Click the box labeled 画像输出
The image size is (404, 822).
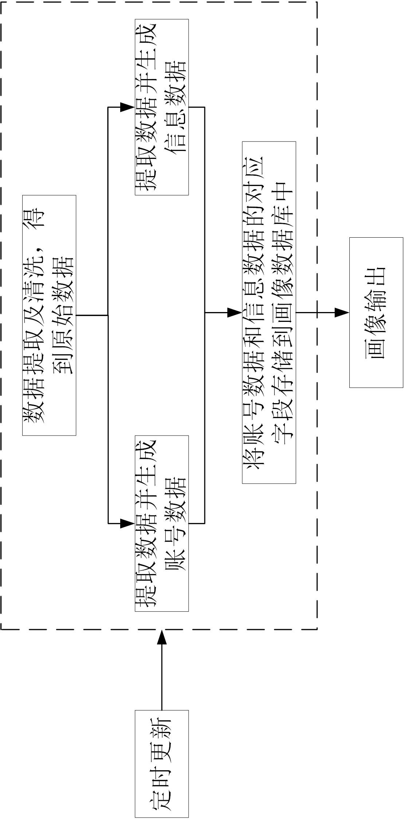coord(376,312)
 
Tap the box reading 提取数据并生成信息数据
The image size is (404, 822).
coord(162,107)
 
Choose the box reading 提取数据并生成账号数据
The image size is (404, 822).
coord(162,523)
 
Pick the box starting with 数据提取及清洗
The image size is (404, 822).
coord(49,315)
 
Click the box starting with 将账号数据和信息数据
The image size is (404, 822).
coord(269,312)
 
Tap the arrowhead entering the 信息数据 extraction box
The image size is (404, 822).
coord(128,107)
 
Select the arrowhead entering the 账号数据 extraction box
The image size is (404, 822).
coord(128,523)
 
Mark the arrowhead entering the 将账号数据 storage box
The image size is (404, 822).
coord(235,312)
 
